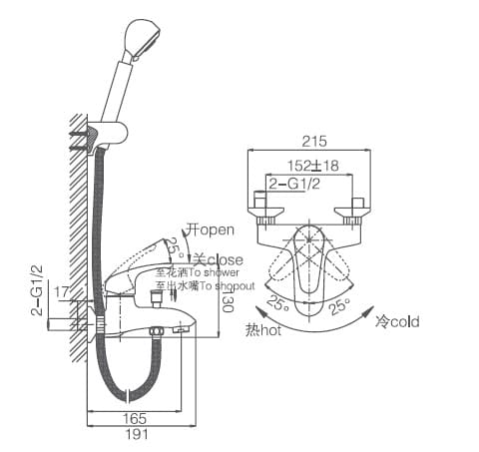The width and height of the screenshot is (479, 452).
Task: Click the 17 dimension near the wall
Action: tap(62, 292)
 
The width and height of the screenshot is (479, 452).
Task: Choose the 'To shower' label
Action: tap(198, 272)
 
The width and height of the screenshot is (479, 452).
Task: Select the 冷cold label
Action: tap(397, 321)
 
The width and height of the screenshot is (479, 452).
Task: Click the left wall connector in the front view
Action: tap(266, 210)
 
